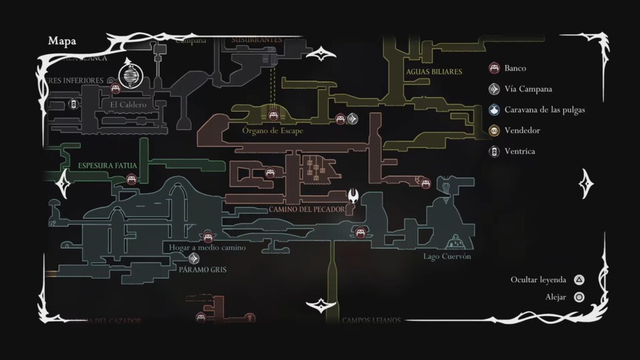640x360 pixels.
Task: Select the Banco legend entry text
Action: coord(516,68)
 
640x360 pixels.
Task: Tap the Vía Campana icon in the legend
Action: coord(494,89)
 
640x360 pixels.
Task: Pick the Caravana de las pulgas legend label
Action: coord(544,109)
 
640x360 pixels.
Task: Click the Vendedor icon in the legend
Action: coord(494,130)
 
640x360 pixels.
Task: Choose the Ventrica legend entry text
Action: coord(519,151)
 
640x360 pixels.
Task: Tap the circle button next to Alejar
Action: coord(580,297)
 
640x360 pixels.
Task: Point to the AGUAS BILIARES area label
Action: coord(434,72)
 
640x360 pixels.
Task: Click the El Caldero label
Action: coord(127,104)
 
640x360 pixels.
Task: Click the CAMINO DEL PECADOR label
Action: coord(306,209)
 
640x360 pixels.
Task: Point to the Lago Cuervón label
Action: coord(447,256)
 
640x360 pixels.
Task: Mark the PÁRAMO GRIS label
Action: coord(202,270)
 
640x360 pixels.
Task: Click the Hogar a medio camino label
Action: coord(207,247)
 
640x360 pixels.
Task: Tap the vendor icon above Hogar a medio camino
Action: coord(207,236)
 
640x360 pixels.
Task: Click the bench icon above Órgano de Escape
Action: coord(273,115)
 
